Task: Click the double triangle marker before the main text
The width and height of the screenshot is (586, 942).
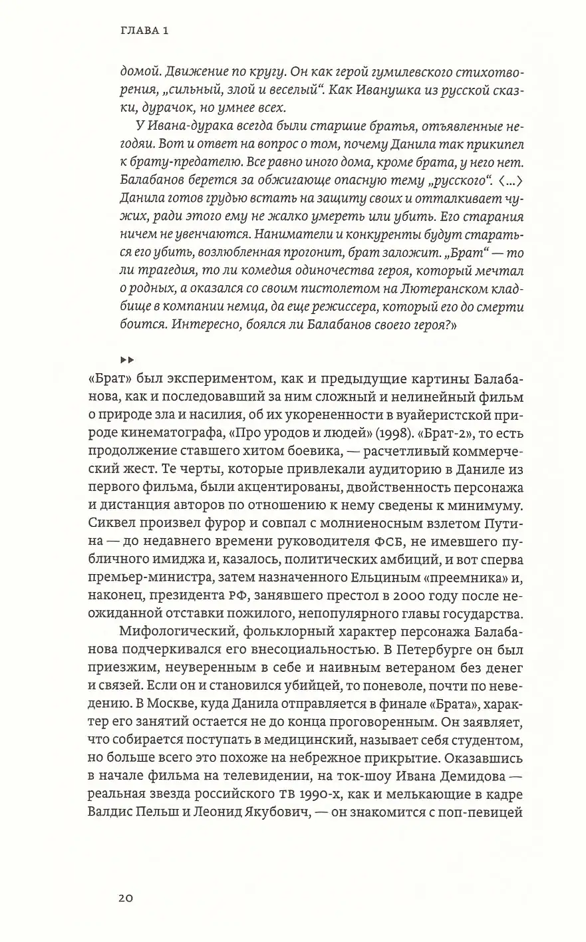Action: tap(127, 359)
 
